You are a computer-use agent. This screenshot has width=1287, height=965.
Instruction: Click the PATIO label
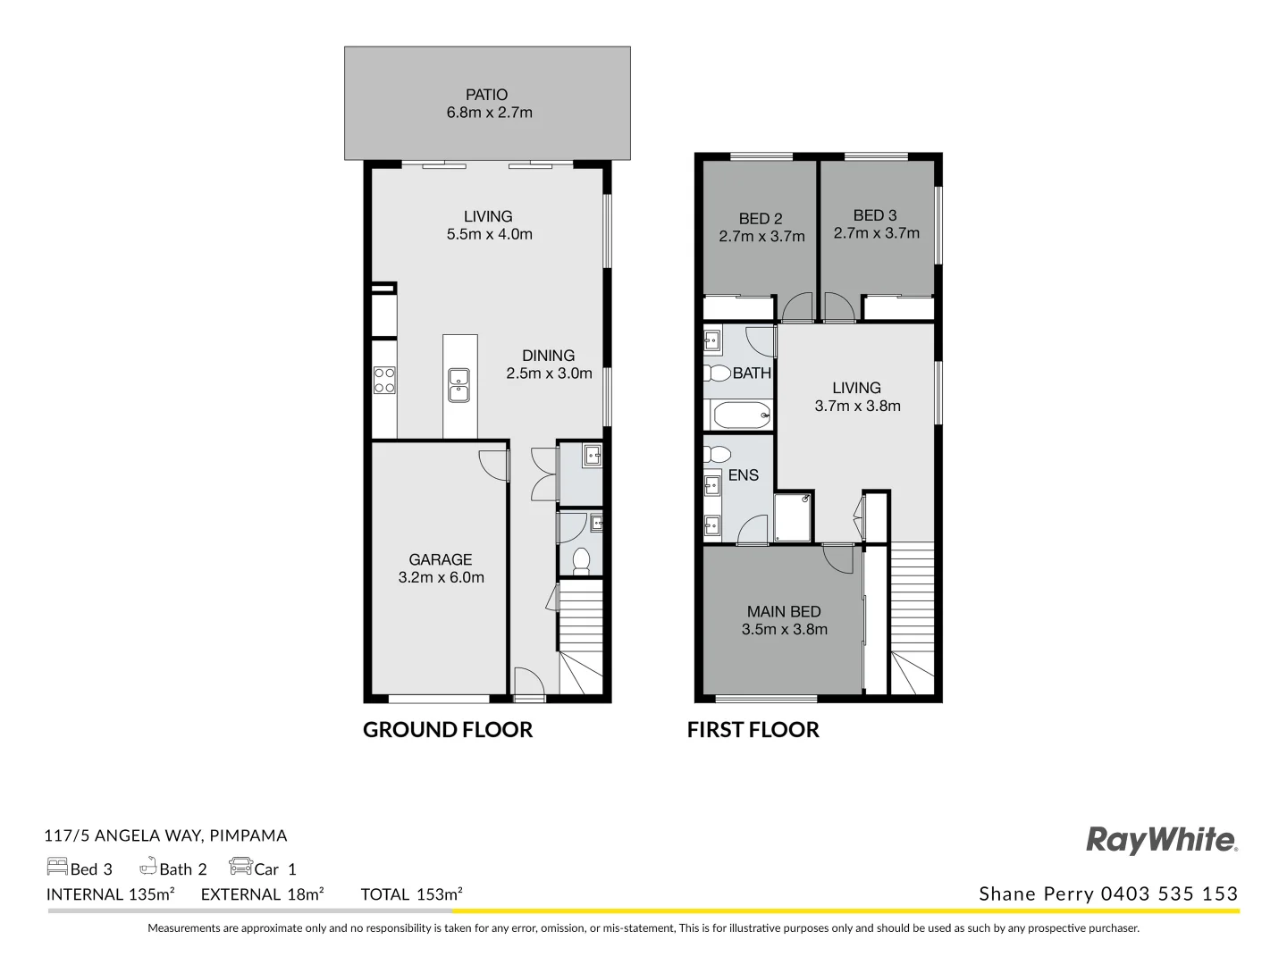[x=486, y=95]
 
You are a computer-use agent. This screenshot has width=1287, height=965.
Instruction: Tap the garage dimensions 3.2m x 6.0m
[x=441, y=578]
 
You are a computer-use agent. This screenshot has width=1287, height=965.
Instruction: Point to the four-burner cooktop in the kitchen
[x=384, y=381]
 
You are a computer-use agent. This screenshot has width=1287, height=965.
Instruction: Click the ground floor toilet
[x=581, y=560]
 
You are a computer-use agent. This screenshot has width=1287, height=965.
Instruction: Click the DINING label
[x=548, y=356]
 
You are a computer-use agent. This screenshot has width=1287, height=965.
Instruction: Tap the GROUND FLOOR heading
[x=447, y=730]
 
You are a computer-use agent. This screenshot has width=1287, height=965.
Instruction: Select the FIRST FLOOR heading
[x=753, y=730]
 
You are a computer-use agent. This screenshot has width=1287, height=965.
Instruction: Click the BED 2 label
[x=761, y=219]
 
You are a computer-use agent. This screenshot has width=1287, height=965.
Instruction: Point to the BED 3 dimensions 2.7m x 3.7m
[x=876, y=233]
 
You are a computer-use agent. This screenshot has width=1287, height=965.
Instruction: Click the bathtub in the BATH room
[x=741, y=415]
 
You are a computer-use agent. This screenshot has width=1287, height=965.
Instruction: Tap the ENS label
[x=743, y=475]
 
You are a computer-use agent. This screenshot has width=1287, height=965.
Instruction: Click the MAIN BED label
[x=784, y=612]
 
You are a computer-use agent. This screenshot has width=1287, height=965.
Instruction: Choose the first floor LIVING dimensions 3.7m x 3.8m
[x=857, y=406]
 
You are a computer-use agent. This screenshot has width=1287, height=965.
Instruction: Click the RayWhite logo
[x=1161, y=840]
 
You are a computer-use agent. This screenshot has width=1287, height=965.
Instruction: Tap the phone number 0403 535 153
[x=1169, y=894]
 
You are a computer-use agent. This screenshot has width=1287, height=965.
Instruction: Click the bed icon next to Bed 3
[x=57, y=867]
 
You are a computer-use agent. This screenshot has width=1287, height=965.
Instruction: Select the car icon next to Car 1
[x=240, y=867]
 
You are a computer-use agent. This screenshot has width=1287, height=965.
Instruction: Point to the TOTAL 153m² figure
[x=411, y=894]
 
